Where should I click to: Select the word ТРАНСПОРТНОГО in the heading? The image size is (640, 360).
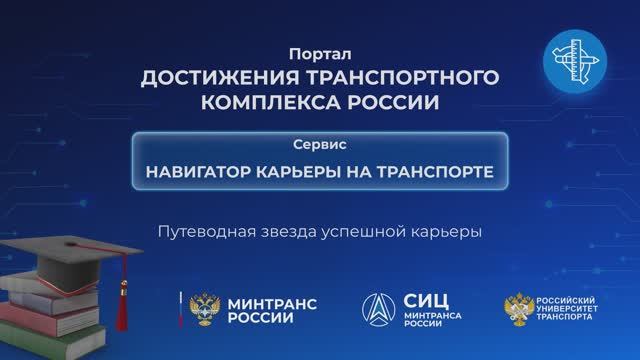(x=407, y=78)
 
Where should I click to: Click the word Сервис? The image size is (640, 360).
(x=320, y=144)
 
